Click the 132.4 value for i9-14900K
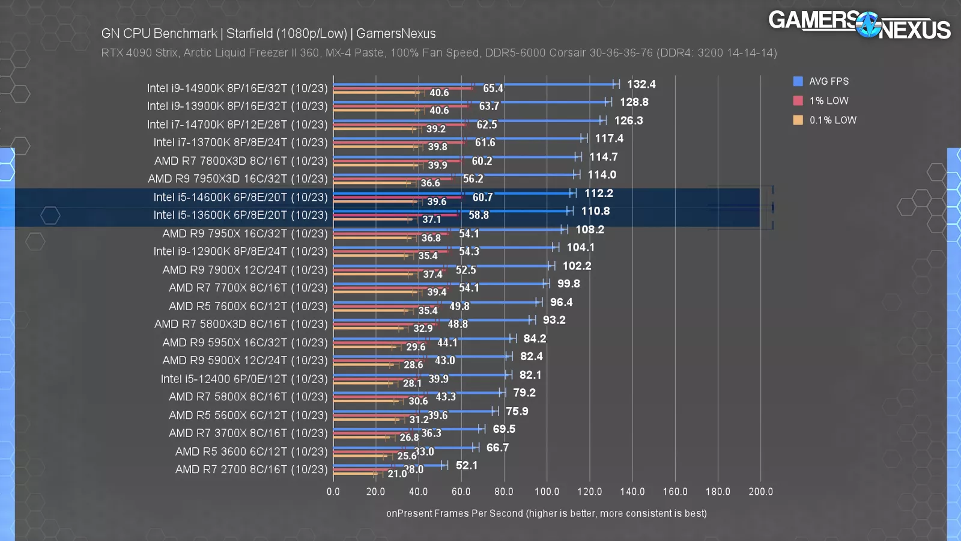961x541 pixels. (641, 84)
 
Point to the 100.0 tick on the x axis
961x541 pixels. (547, 492)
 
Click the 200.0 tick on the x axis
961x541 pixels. (760, 492)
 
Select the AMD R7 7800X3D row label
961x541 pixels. (240, 161)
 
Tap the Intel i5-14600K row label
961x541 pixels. (240, 197)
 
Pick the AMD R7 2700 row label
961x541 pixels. (251, 469)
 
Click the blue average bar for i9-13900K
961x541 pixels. (468, 102)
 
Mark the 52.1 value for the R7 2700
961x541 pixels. (467, 465)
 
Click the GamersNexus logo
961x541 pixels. (859, 25)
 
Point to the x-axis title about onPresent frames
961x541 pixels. (546, 513)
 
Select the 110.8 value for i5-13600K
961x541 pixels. (595, 211)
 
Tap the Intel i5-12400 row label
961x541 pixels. (244, 379)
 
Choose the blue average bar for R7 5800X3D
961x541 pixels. (432, 320)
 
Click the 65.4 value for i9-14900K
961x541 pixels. (493, 88)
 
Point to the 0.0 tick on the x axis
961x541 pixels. (333, 492)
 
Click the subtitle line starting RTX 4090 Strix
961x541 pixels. (438, 53)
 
